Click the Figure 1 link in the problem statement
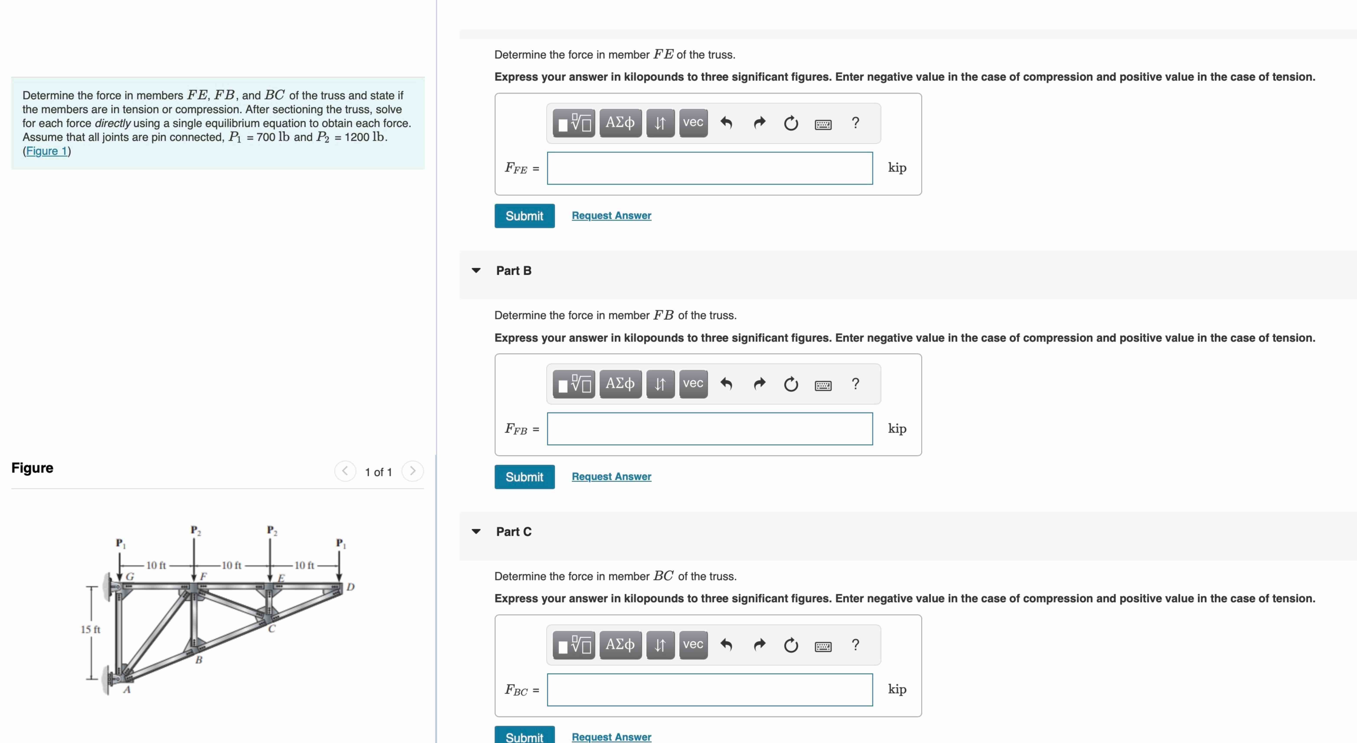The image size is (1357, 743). pos(47,151)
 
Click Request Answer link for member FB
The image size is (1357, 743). pos(611,476)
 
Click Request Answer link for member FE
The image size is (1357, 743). pos(611,216)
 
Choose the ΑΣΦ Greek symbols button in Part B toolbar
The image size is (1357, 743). pos(620,384)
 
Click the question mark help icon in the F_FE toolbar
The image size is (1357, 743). pos(855,123)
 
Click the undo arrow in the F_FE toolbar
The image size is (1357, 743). pos(726,123)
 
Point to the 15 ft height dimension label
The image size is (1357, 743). pos(90,629)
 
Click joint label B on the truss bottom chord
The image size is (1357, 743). pos(199,660)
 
